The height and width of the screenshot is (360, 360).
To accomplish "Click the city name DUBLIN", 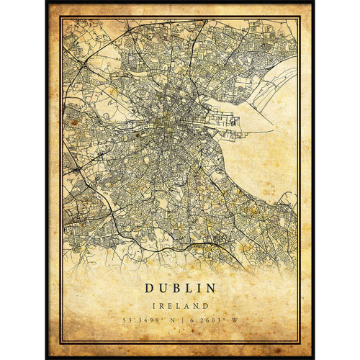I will [x=179, y=288].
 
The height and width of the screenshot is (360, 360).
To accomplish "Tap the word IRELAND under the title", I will [x=179, y=304].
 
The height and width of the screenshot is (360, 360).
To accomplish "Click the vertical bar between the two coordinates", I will [x=180, y=319].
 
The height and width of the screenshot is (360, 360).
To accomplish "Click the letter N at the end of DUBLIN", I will [x=210, y=288].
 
